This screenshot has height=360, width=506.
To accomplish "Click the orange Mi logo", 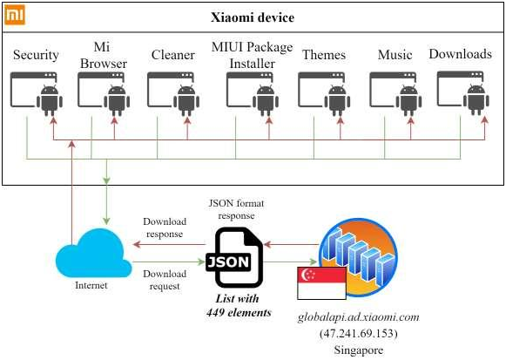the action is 15,15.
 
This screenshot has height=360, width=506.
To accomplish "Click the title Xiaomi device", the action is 253,17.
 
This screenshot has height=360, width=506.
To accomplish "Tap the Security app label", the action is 36,55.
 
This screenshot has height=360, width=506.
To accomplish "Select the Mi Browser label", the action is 104,55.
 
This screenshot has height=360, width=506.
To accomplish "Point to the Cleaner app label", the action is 173,55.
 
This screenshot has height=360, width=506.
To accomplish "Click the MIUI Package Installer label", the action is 252,55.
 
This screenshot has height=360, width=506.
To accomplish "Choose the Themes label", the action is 324,55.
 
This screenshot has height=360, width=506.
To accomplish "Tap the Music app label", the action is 395,55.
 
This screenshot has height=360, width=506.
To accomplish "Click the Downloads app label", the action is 460,54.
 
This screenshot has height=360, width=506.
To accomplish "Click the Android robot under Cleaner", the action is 186,100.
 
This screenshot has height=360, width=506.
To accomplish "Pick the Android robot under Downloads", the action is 476,99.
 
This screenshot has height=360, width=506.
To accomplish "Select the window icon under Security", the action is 34,90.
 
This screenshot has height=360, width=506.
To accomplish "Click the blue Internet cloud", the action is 94,253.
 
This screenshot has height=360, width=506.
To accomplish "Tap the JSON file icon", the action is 234,258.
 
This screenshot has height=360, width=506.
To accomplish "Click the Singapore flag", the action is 321,283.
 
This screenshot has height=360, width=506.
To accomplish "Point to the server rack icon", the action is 358,256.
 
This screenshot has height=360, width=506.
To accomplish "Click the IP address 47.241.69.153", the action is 359,333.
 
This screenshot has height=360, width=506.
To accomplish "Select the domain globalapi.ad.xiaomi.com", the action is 359,317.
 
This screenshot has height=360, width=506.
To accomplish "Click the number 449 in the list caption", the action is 216,313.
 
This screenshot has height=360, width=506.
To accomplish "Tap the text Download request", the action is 165,280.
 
